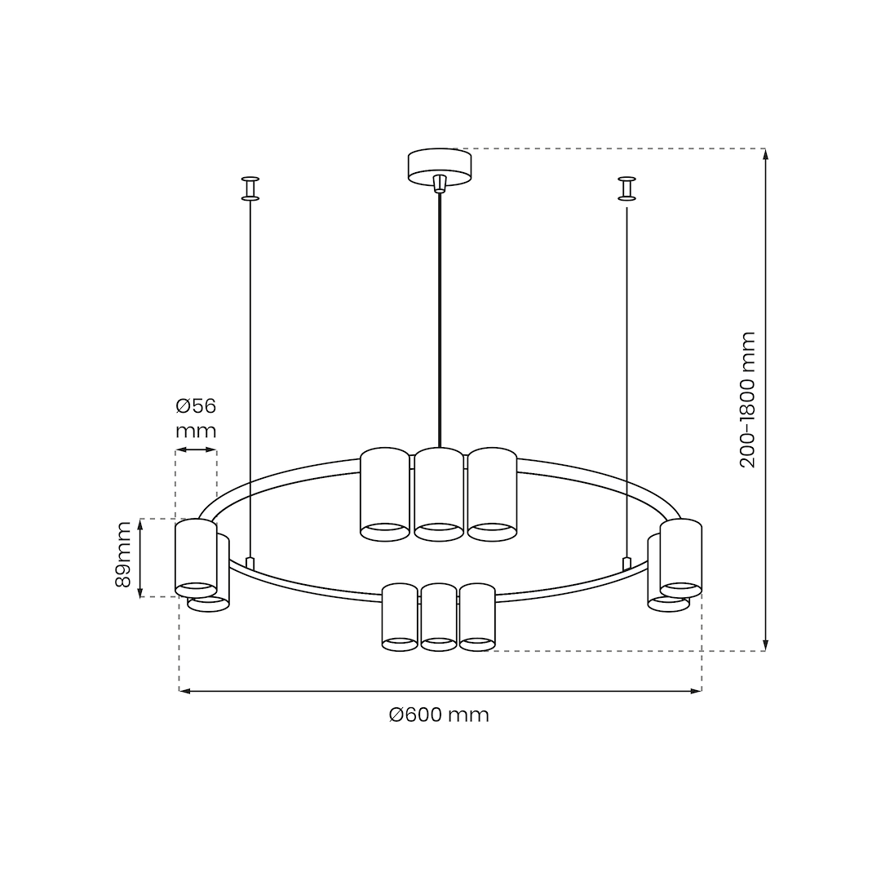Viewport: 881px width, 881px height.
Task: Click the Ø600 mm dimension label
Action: [x=439, y=715]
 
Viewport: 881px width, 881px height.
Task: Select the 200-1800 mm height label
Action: [x=748, y=400]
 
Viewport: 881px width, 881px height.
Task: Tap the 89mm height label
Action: [x=123, y=555]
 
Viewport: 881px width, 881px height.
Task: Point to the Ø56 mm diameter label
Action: [x=196, y=418]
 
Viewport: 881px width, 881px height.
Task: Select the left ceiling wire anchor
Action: [x=250, y=188]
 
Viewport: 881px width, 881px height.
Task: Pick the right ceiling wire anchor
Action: [x=626, y=188]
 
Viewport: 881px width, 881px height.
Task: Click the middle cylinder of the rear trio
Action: [x=439, y=494]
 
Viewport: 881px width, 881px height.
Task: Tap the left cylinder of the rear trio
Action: [x=384, y=494]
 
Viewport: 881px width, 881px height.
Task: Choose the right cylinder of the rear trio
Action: [x=492, y=494]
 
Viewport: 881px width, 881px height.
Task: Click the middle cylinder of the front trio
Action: [x=439, y=617]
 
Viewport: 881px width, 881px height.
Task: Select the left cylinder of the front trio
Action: [x=400, y=617]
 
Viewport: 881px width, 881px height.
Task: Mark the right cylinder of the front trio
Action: [x=477, y=617]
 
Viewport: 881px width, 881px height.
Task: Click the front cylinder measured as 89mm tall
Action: [x=196, y=557]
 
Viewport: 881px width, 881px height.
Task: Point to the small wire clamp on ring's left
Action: [x=250, y=563]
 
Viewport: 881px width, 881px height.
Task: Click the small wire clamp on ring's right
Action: [x=626, y=563]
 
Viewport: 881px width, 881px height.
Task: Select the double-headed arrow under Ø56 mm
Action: [x=196, y=449]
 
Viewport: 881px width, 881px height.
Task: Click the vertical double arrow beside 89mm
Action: [x=140, y=558]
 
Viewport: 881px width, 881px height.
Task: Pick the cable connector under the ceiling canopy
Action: [x=440, y=183]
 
